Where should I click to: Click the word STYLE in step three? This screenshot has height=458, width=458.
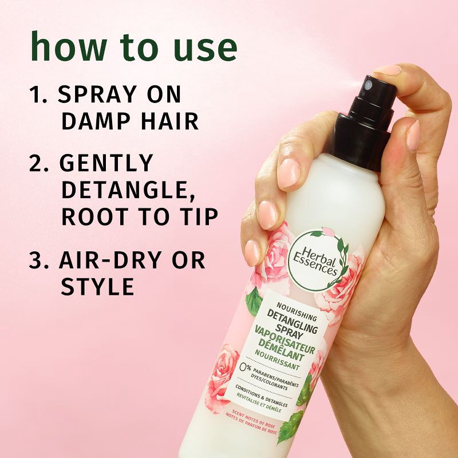pos(97,286)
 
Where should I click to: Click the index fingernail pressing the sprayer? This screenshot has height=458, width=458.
pos(388,70)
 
